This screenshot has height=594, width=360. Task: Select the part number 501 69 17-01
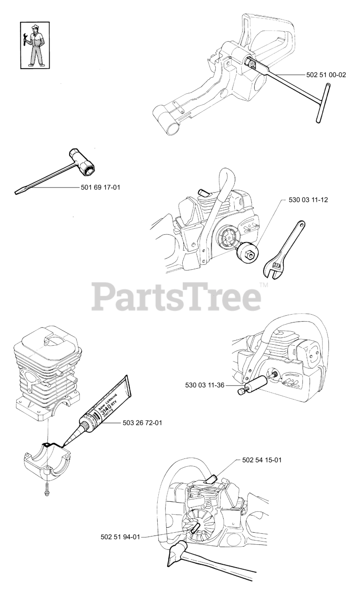pyautogui.click(x=102, y=187)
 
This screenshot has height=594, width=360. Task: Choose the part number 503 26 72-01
pyautogui.click(x=142, y=422)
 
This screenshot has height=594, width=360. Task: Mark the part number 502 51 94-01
pyautogui.click(x=120, y=537)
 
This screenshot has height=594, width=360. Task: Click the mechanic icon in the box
pyautogui.click(x=35, y=45)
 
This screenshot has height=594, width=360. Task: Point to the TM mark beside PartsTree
pyautogui.click(x=264, y=285)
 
